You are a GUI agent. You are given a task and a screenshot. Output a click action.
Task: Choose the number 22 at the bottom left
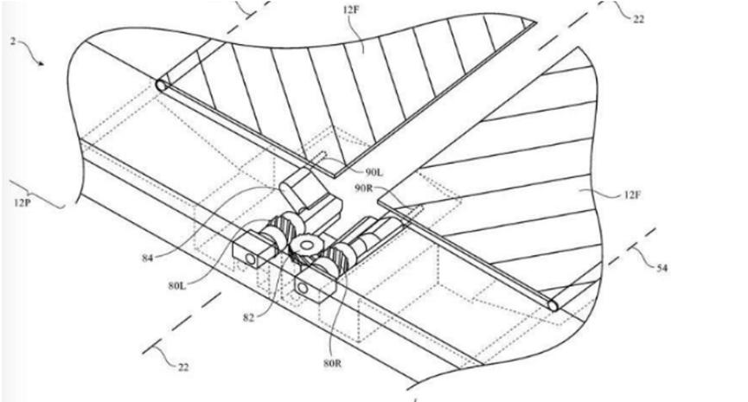click(182, 367)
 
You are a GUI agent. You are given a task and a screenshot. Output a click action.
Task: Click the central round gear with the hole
click(306, 247)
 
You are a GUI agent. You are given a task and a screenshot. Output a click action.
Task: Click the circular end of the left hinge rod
click(160, 86)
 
